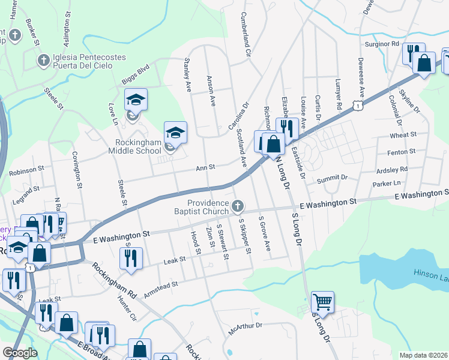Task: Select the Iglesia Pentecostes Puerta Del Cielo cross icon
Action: coord(43,60)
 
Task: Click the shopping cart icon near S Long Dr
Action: coord(322,301)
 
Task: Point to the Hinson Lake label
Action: coord(430,274)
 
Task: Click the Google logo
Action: coord(20,353)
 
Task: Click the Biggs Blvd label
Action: coord(134,75)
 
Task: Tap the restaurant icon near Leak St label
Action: coord(130,258)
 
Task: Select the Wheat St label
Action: coord(403,136)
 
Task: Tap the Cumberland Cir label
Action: coord(245,34)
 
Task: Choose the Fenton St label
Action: coord(403,152)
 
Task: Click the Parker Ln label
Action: coord(386,183)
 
